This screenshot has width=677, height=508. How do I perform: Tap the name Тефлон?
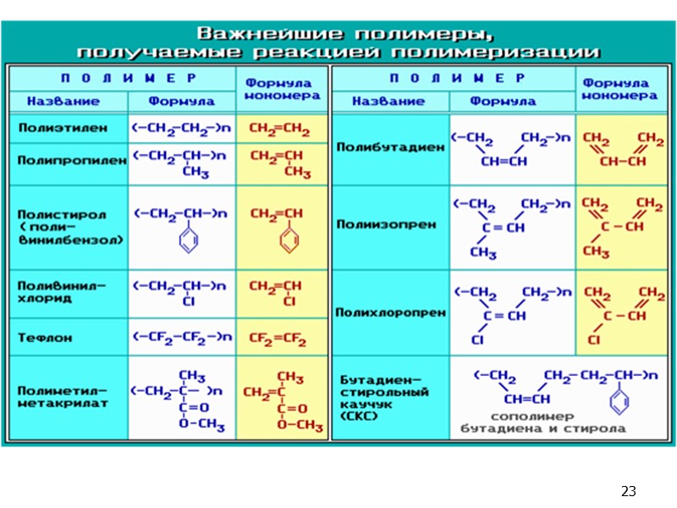[x=46, y=337]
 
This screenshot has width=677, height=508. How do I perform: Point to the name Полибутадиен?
[x=390, y=146]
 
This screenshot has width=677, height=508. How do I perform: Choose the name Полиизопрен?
[x=386, y=226]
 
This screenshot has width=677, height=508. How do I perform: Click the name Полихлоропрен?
[x=390, y=312]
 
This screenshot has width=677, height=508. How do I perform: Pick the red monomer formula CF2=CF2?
[x=278, y=337]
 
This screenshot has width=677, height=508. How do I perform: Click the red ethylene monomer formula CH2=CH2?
[x=278, y=130]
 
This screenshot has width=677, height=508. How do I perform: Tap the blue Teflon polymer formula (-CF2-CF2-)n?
[x=181, y=337]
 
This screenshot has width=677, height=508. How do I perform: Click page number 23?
[x=628, y=491]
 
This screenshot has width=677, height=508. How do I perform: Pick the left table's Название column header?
[x=63, y=102]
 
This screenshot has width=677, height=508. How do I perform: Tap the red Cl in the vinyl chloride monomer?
[x=289, y=301]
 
